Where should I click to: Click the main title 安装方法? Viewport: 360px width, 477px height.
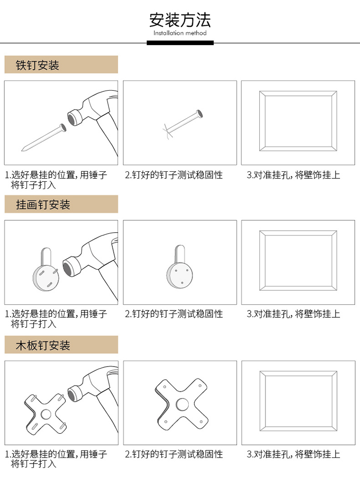(180, 20)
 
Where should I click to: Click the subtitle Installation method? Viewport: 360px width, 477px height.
(180, 33)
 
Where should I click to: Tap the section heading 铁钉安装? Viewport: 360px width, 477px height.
(37, 65)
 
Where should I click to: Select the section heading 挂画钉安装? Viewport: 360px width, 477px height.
(43, 204)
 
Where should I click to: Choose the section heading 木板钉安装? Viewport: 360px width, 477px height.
(43, 346)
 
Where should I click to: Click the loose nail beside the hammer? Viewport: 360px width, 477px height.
(44, 138)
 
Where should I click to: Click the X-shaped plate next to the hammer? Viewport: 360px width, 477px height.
(45, 414)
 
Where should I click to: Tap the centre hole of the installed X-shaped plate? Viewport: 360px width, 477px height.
(182, 404)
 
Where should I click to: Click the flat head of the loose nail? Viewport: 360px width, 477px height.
(63, 128)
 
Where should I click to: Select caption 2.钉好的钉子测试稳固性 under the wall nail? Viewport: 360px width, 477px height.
(174, 175)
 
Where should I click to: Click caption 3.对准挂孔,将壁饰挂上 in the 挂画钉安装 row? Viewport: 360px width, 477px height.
(293, 314)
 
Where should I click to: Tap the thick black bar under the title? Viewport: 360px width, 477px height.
(180, 43)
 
